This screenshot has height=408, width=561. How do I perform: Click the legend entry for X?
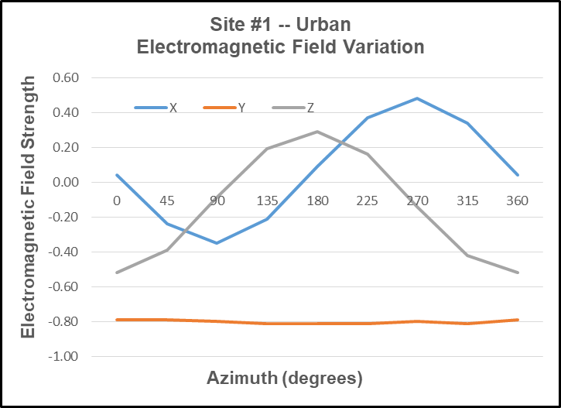[x=156, y=108]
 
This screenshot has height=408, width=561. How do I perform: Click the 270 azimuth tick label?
[x=417, y=201]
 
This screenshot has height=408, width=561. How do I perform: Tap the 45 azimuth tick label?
[x=166, y=201]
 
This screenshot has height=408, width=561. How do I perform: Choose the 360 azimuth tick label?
[x=517, y=201]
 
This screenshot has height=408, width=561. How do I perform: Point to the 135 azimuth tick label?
[x=267, y=201]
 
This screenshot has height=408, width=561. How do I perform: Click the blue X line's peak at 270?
[x=417, y=98]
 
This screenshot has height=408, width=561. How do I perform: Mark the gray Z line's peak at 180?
[x=316, y=132]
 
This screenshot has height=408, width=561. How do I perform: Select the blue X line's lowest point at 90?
[x=217, y=243]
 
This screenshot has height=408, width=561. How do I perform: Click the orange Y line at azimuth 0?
[x=117, y=319]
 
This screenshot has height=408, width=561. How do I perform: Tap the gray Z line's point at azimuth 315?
[x=467, y=255]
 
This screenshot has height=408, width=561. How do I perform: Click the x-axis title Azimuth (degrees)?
[x=285, y=379]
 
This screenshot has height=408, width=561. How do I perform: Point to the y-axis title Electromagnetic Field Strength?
[x=28, y=207]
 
